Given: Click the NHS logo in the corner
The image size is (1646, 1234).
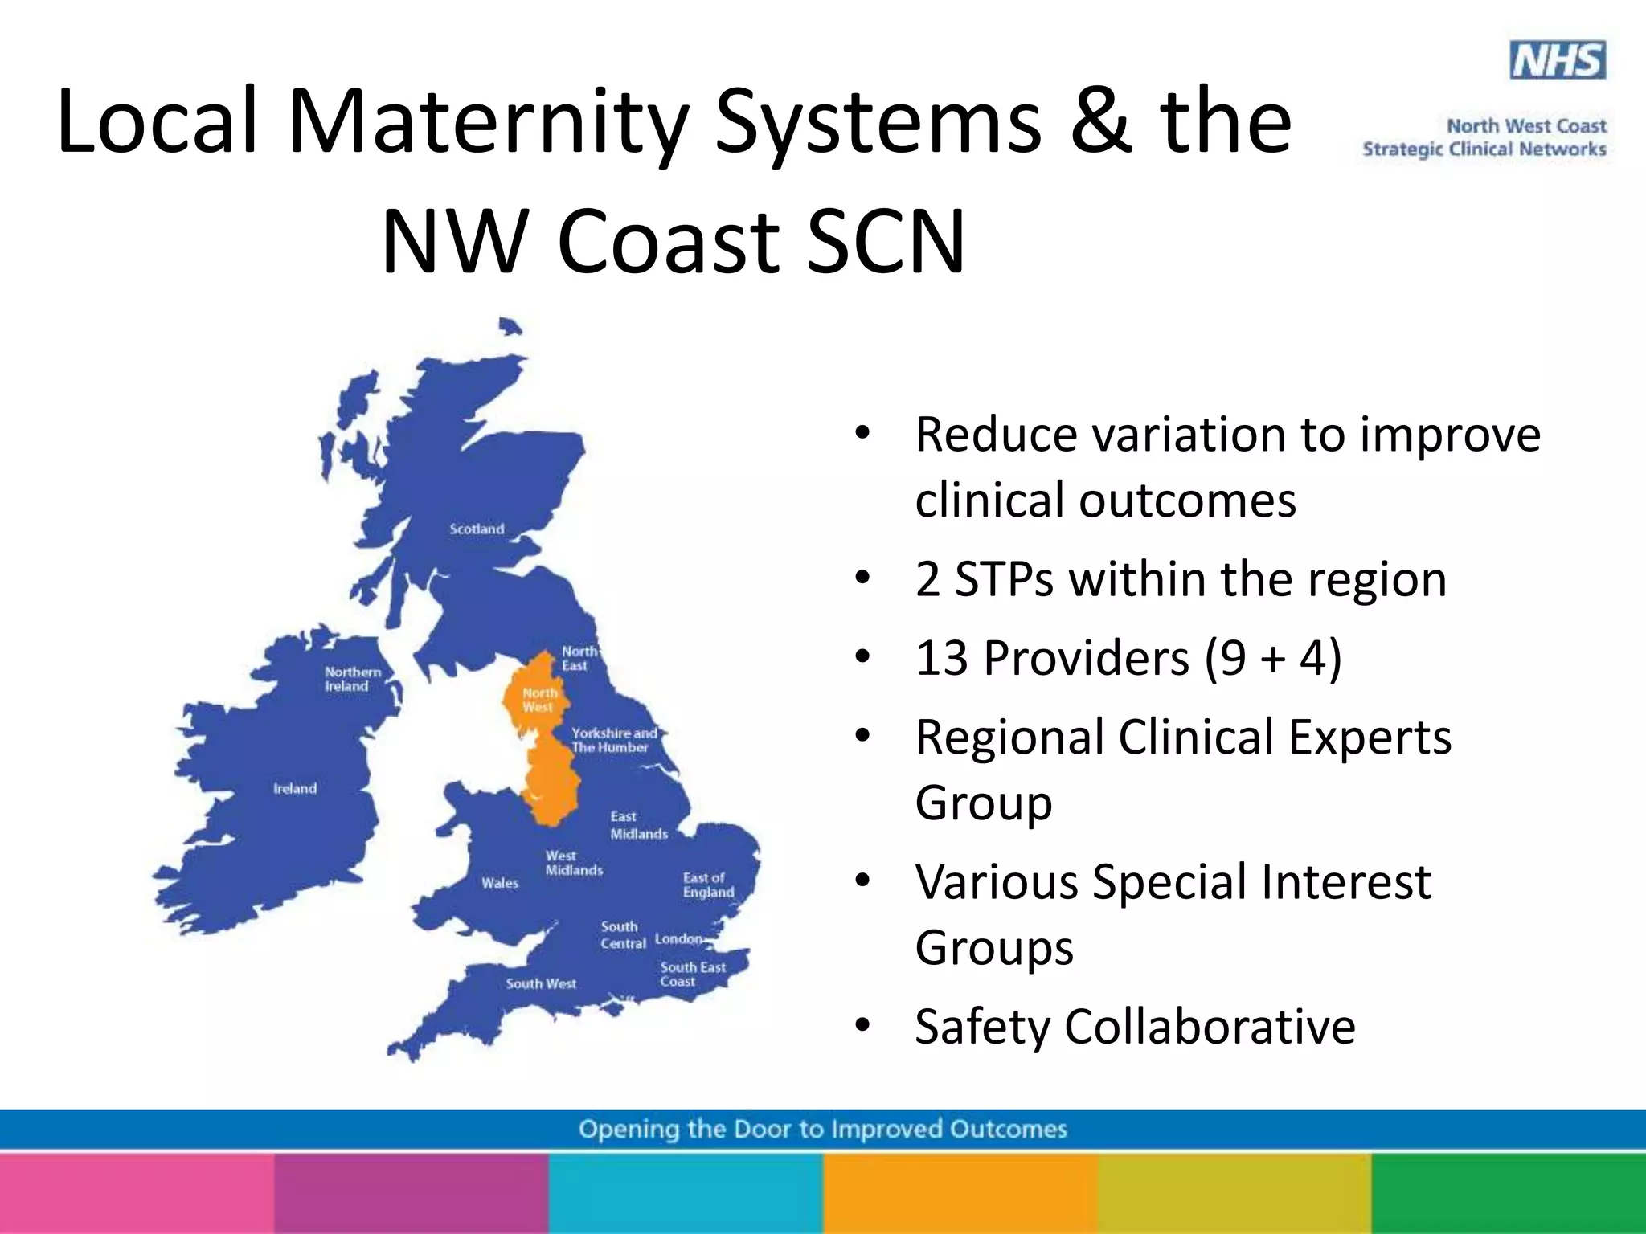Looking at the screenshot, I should (x=1558, y=60).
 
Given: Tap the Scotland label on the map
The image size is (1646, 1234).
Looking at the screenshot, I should (x=477, y=529).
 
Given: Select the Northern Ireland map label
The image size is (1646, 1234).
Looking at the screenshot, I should (x=352, y=679).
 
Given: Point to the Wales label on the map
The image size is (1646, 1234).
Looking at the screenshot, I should (x=500, y=883).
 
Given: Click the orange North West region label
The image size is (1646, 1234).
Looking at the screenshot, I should (x=539, y=700).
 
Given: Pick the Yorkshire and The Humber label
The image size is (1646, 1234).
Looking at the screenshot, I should (x=614, y=740).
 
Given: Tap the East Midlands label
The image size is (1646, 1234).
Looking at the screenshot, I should (x=638, y=825).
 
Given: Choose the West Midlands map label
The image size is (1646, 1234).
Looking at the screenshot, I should (x=573, y=863).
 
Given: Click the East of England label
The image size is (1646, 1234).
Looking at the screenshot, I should (x=708, y=885).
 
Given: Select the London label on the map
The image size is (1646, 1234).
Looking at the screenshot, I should (x=678, y=938).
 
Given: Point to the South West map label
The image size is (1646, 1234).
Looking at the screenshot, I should (x=541, y=983).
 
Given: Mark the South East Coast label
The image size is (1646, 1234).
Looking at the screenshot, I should (x=692, y=974).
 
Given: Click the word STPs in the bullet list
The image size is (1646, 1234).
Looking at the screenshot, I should (x=1004, y=579).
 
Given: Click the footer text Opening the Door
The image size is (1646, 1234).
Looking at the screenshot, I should (x=822, y=1129).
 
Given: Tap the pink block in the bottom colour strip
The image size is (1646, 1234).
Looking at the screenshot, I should (x=137, y=1194).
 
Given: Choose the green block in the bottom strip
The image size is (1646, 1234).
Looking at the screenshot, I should (x=1509, y=1194).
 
